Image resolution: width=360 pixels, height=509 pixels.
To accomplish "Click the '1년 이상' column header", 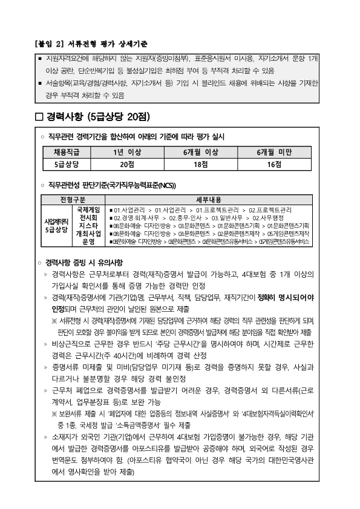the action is pos(126,152).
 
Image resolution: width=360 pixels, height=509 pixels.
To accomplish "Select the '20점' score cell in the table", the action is pos(126,163).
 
